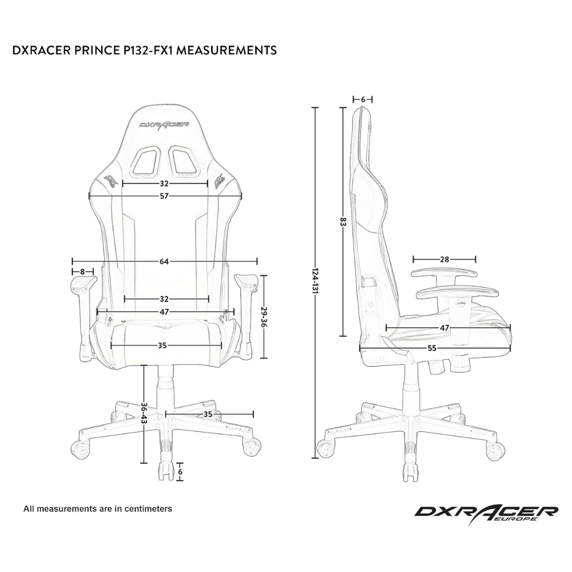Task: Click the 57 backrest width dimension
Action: tap(164, 196)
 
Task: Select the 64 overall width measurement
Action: tap(164, 261)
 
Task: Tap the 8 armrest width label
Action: tap(83, 271)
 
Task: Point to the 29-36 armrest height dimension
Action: tap(264, 316)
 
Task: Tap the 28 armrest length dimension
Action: tap(444, 259)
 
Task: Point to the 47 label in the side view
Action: tap(444, 328)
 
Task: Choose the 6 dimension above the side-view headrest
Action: tap(363, 99)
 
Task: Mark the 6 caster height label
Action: tap(180, 472)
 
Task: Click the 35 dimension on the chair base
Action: tap(209, 413)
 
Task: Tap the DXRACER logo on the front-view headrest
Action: tap(164, 123)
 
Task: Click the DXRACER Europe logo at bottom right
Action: tap(486, 513)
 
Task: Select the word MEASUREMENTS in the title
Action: tap(228, 50)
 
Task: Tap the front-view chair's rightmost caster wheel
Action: tap(252, 447)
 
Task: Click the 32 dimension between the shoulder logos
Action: tap(164, 184)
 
